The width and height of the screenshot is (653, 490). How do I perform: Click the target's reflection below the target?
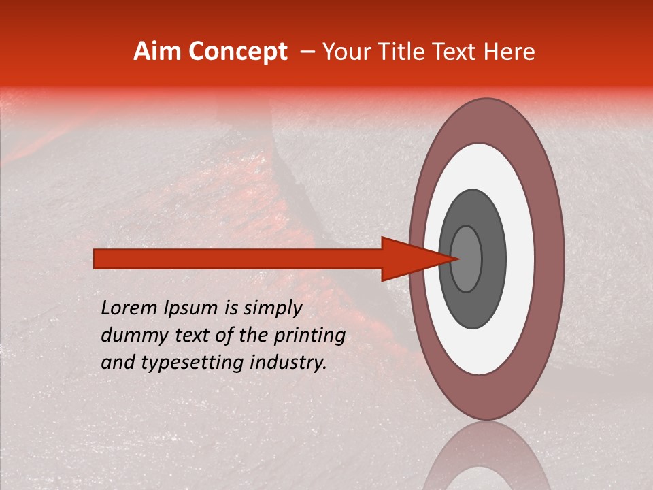487,459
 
